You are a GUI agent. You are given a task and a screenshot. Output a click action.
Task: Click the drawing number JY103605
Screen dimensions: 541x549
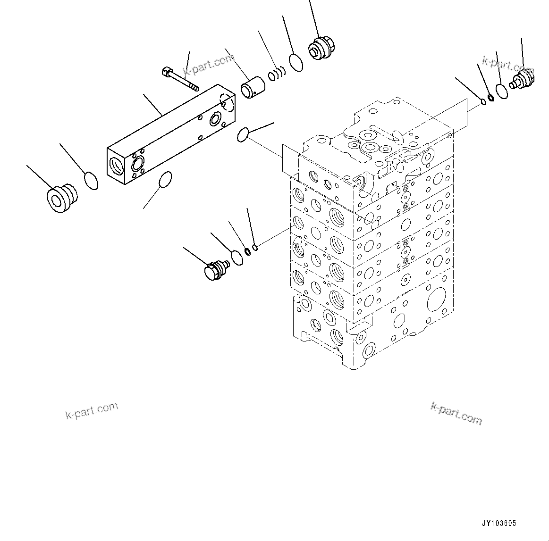[x=499, y=524]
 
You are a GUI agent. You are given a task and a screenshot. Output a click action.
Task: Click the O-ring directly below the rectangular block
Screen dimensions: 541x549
[x=165, y=180]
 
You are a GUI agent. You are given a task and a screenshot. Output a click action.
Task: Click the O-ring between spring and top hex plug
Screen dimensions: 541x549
[x=296, y=62]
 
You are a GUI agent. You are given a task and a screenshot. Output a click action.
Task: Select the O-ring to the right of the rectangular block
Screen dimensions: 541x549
[x=242, y=134]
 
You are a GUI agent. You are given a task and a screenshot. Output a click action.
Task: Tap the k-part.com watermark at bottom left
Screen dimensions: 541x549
[x=91, y=410]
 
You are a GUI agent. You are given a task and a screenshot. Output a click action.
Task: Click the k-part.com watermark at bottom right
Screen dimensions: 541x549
[x=456, y=413]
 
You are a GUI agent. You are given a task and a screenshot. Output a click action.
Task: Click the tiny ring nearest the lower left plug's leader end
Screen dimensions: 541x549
[x=255, y=247]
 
